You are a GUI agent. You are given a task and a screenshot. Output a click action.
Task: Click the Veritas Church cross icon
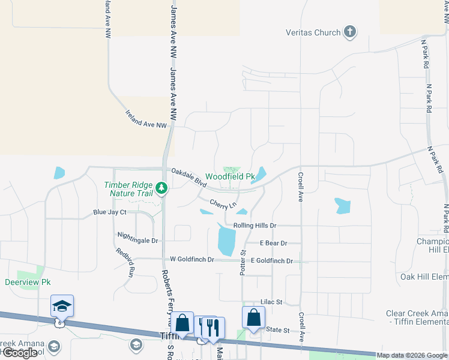tap(350, 32)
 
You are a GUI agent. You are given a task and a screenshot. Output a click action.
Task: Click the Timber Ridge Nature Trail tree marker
tap(161, 188)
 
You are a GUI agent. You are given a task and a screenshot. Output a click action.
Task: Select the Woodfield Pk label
tap(231, 177)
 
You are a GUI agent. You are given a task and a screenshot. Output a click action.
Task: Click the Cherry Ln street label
tap(222, 204)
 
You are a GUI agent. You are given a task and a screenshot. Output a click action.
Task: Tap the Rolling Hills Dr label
tap(255, 226)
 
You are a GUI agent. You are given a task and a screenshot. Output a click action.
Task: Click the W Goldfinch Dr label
tap(192, 259)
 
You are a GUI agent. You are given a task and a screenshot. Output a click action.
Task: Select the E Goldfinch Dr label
tap(272, 261)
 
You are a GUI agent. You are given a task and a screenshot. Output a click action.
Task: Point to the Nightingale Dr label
tap(137, 241)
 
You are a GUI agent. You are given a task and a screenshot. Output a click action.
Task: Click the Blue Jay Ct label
tap(110, 212)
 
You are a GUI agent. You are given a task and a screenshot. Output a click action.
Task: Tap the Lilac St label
tap(271, 303)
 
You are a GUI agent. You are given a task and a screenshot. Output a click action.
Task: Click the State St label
tap(277, 330)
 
